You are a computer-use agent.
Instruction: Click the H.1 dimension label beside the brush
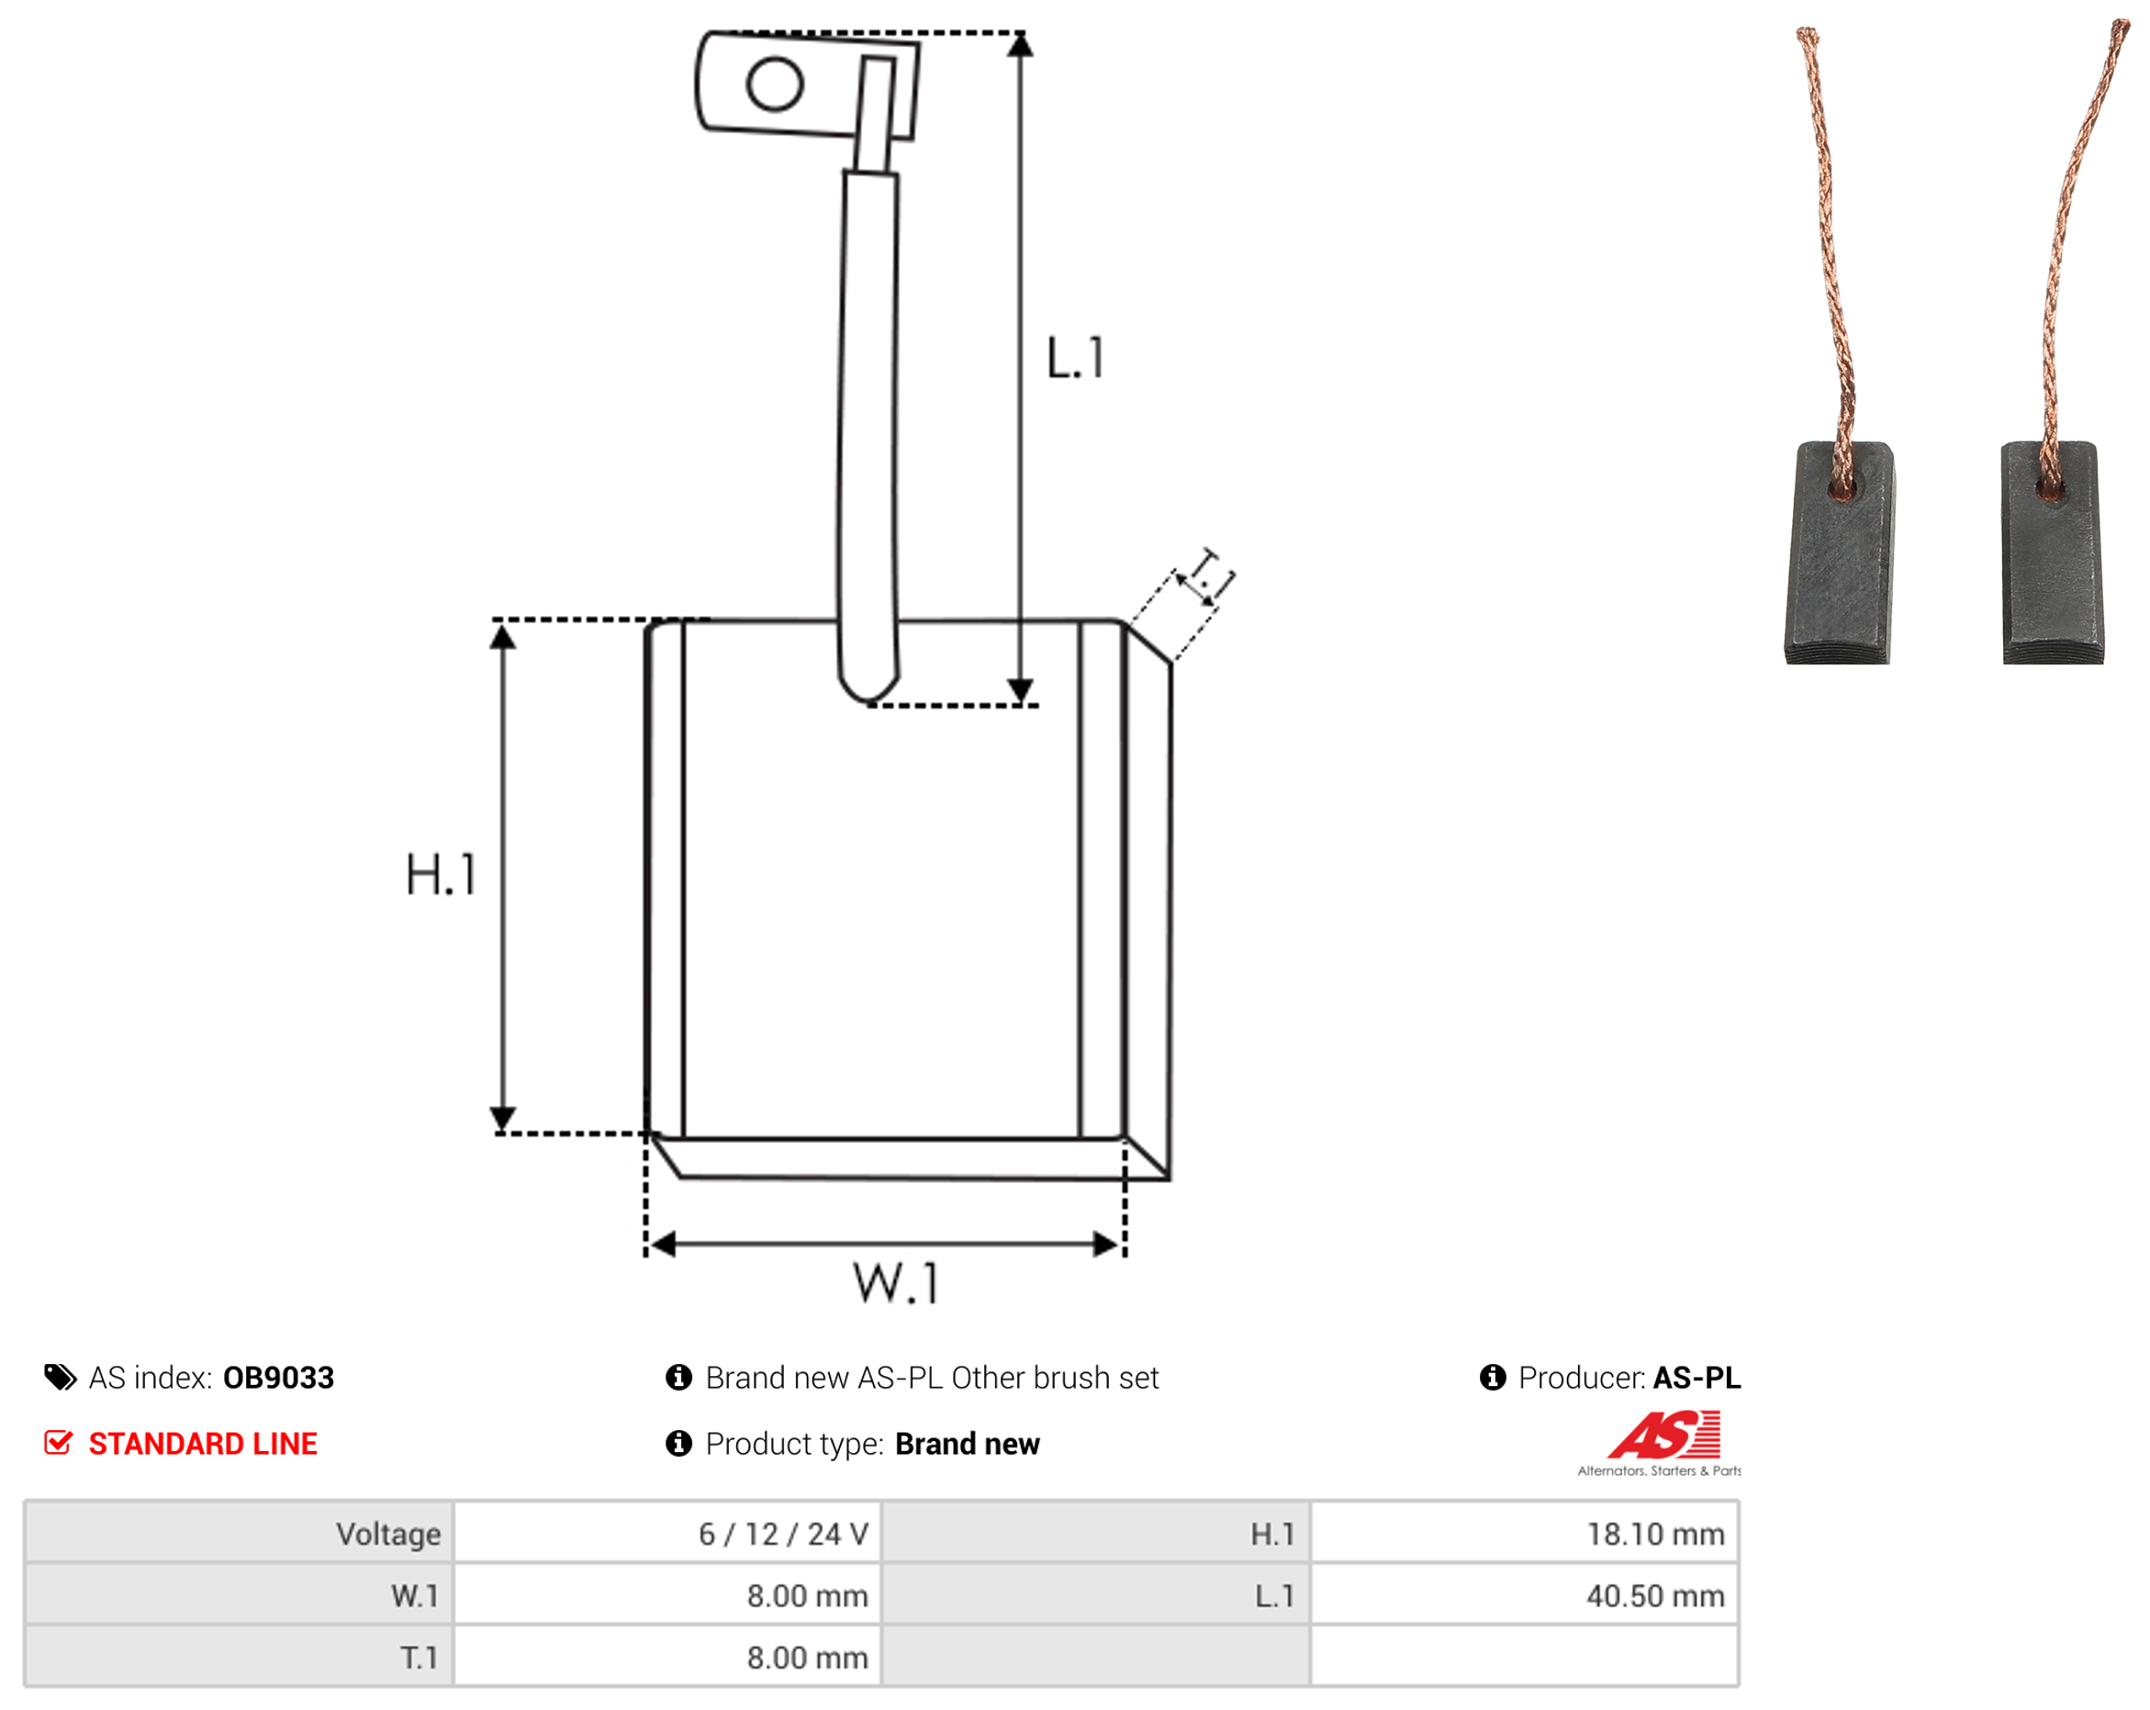440,875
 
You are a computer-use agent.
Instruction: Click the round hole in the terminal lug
775,84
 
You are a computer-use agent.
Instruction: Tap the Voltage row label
388,1534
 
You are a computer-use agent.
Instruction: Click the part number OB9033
278,1377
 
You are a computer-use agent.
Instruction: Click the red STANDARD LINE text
203,1443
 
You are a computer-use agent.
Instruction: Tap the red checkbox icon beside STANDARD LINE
59,1442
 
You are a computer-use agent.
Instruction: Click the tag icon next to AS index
60,1377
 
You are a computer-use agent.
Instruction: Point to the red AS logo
1663,1435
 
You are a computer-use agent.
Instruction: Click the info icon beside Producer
1493,1377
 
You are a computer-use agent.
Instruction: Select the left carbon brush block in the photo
1840,553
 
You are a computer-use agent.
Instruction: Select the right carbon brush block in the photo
2054,553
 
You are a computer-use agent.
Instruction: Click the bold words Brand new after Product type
968,1443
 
